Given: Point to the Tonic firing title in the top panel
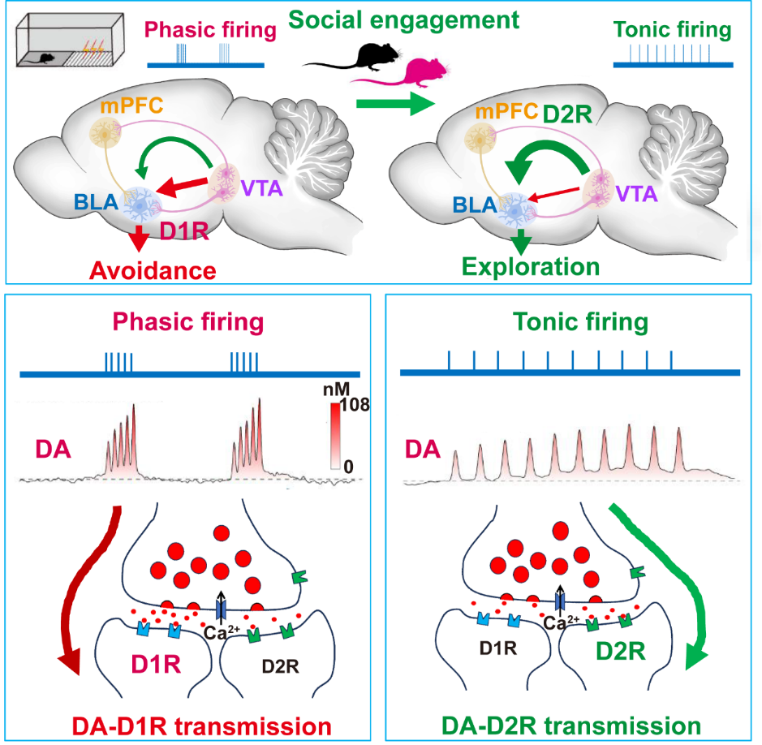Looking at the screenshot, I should (x=673, y=31).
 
